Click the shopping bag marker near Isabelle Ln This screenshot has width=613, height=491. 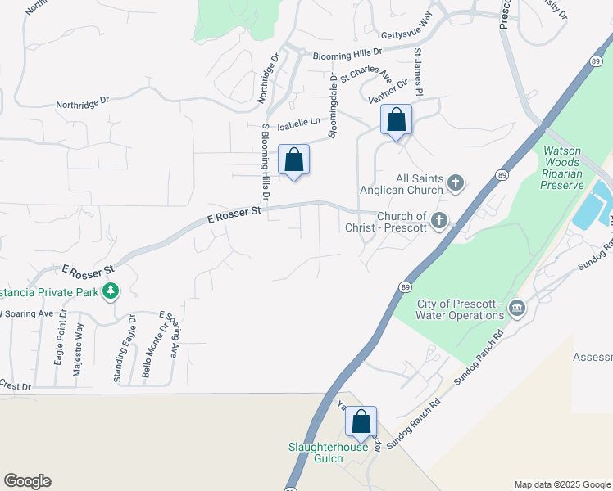click(x=396, y=120)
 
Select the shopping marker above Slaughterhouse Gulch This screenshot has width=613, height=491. click(x=361, y=422)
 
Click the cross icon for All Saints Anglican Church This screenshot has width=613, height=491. click(x=456, y=183)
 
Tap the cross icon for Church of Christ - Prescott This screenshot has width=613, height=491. click(x=440, y=221)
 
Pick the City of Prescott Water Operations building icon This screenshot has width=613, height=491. click(x=517, y=309)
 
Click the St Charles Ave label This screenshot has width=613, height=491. click(x=366, y=73)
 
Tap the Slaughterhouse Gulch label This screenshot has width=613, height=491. click(x=327, y=453)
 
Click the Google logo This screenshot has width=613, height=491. click(x=27, y=481)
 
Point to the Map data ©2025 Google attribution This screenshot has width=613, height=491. click(x=561, y=484)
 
